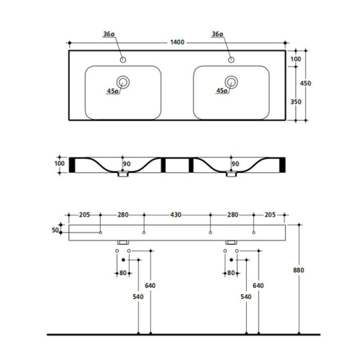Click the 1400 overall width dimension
coord(177,42)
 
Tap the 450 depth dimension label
coord(305,84)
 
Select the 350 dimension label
coord(296,102)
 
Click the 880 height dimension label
coord(299,270)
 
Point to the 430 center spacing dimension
coord(176,215)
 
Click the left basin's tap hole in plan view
coord(123,60)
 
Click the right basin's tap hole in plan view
coord(231,60)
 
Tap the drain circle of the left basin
coord(123,82)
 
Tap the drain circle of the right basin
coord(231,82)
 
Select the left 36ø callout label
coord(109,34)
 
